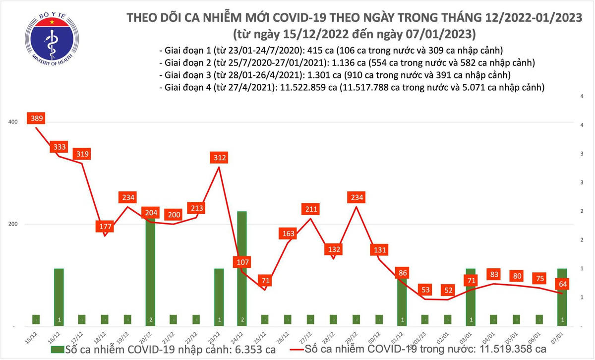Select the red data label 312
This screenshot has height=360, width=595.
(x=219, y=158)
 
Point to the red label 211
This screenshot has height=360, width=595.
(x=310, y=208)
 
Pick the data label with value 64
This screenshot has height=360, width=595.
(x=562, y=284)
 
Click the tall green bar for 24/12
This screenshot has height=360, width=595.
(x=242, y=268)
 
